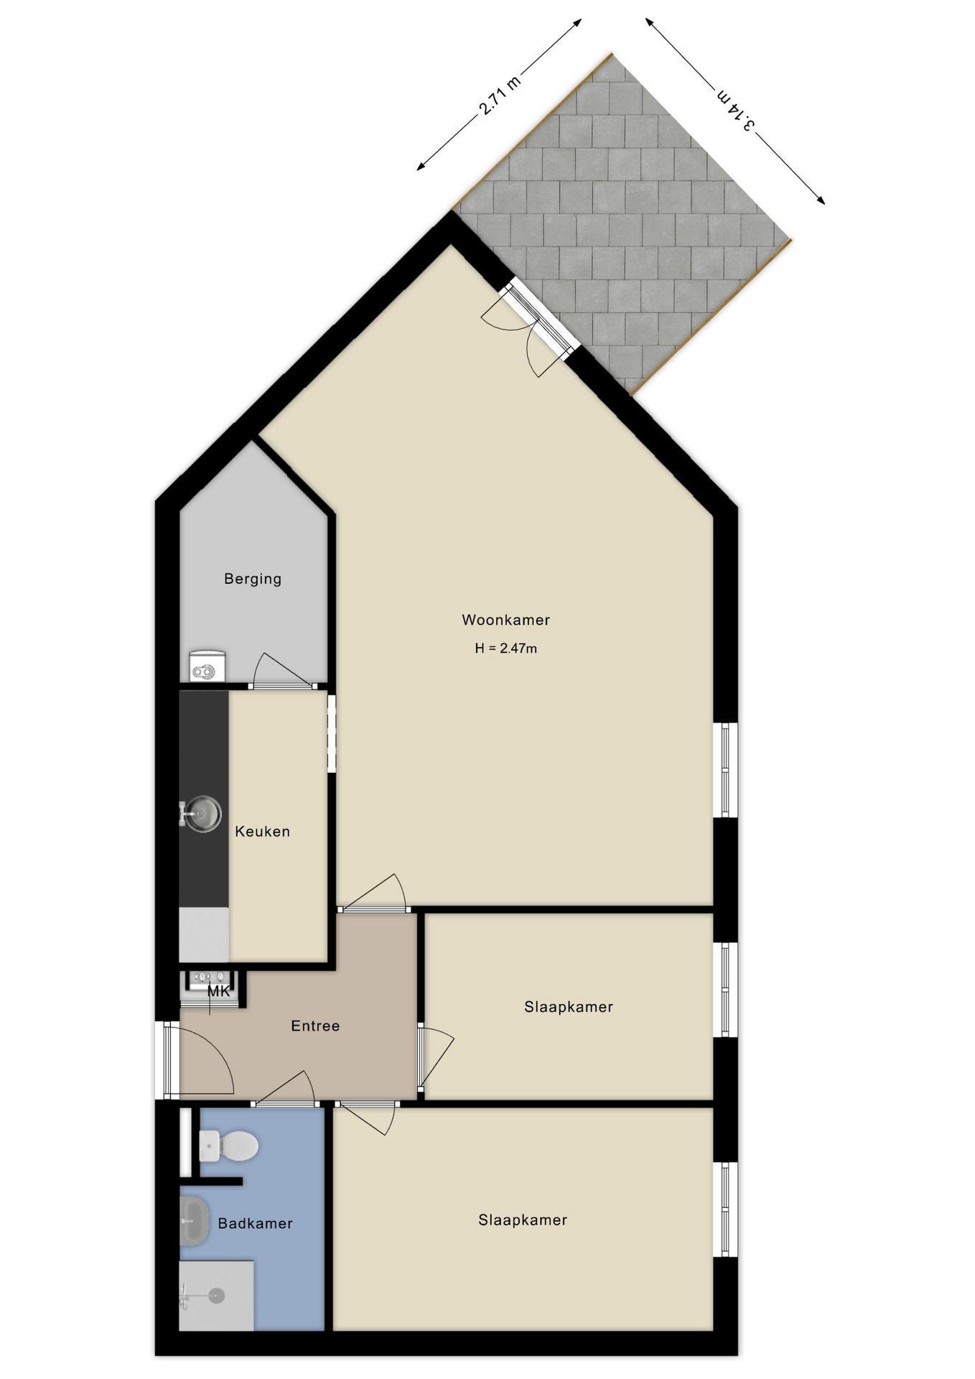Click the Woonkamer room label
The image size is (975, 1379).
(x=505, y=620)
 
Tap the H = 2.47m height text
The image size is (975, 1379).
(x=505, y=649)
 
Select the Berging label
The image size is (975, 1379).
(x=253, y=580)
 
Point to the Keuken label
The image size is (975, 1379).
(x=263, y=832)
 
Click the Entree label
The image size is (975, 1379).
(x=315, y=1026)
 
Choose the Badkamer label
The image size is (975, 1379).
(x=255, y=1224)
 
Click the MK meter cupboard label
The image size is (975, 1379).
(x=219, y=992)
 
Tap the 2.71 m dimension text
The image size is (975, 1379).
(x=500, y=95)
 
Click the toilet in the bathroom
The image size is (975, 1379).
(x=228, y=1146)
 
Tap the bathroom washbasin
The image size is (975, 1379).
(x=194, y=1220)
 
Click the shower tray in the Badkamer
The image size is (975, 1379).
(x=216, y=1295)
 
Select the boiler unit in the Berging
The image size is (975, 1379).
(x=207, y=667)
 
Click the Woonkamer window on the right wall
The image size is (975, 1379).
(x=725, y=770)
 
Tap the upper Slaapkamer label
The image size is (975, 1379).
(x=569, y=1007)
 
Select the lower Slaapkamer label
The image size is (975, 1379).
(x=523, y=1220)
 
